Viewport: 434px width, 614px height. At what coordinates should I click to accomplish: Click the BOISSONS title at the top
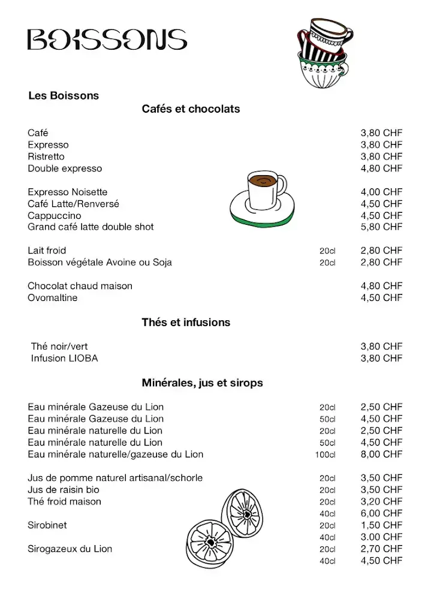[x=107, y=40]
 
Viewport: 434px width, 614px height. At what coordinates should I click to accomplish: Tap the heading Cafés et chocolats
[x=191, y=109]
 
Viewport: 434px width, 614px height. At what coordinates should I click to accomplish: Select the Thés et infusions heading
[x=186, y=323]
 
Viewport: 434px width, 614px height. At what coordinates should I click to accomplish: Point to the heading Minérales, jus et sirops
[x=202, y=383]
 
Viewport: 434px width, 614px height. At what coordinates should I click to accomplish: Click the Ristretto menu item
[x=46, y=156]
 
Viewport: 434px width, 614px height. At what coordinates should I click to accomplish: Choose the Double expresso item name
[x=65, y=168]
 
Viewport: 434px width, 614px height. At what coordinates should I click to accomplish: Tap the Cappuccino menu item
[x=55, y=215]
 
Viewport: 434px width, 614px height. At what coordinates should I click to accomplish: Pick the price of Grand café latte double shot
[x=381, y=227]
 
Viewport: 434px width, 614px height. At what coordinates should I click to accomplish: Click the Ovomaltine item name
[x=53, y=298]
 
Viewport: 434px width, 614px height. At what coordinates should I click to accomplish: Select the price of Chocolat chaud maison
[x=381, y=286]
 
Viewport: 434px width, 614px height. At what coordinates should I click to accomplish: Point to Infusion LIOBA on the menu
[x=64, y=359]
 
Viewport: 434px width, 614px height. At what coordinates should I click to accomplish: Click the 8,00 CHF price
[x=381, y=455]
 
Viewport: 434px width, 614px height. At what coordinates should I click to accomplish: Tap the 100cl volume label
[x=325, y=455]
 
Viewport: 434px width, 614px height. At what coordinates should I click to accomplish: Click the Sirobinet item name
[x=47, y=525]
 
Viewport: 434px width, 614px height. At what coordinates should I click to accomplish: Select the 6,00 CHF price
[x=381, y=513]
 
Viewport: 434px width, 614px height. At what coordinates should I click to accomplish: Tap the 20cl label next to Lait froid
[x=327, y=251]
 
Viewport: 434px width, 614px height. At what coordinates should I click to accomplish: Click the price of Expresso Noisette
[x=381, y=192]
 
